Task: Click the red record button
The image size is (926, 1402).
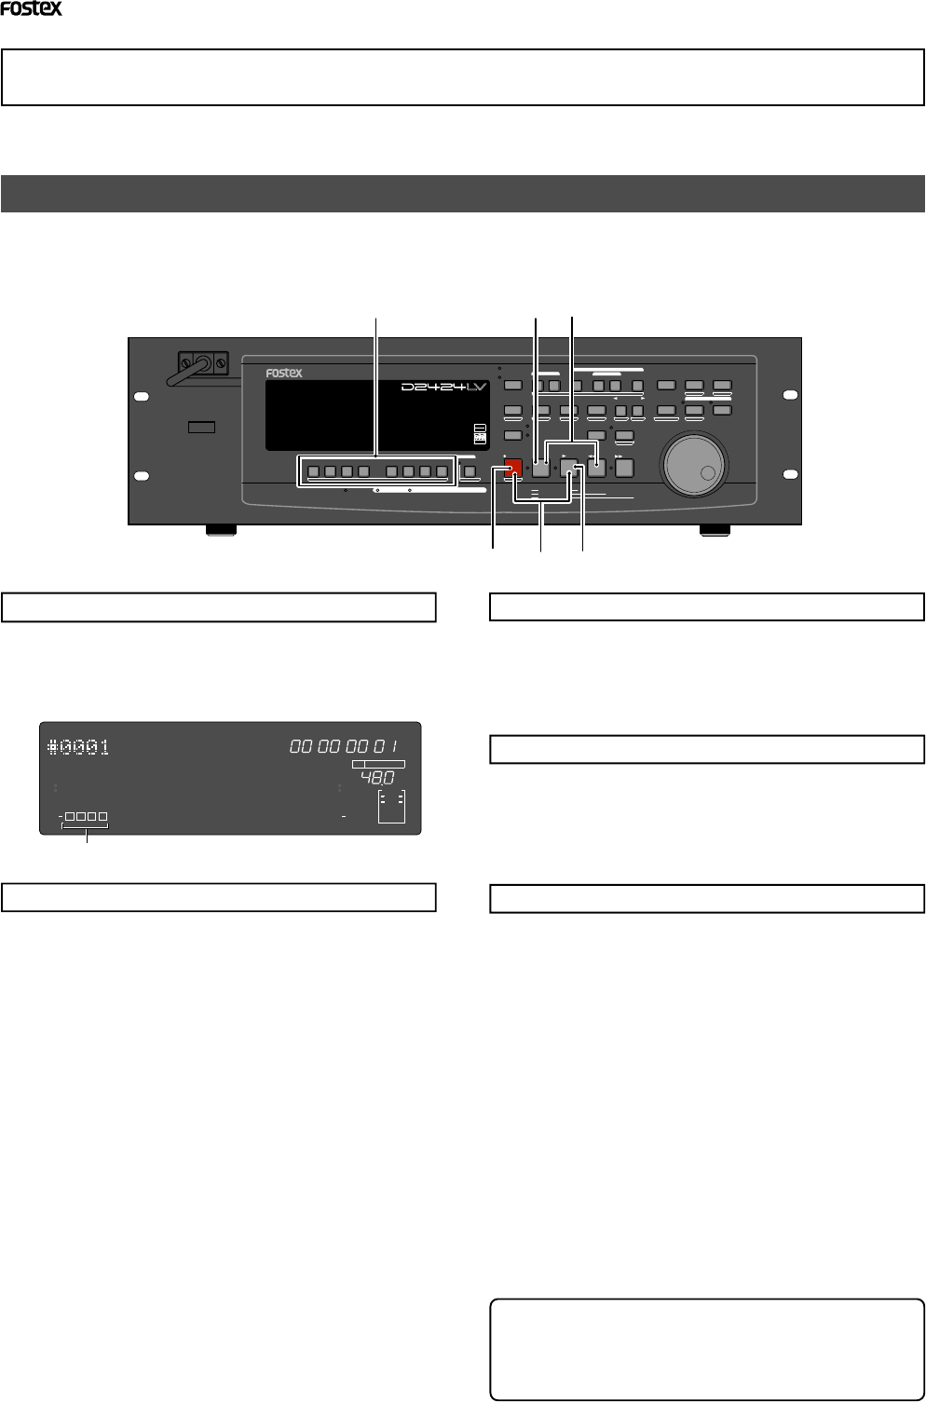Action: click(513, 469)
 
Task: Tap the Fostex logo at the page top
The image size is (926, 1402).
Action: click(31, 9)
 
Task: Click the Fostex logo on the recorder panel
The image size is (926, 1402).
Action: click(284, 373)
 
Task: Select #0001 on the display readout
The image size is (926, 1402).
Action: click(78, 746)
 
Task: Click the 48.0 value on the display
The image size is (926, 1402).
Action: click(377, 778)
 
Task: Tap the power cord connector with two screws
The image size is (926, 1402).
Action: click(204, 362)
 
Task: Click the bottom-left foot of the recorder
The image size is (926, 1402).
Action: click(220, 530)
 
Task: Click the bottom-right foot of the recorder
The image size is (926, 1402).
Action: click(715, 530)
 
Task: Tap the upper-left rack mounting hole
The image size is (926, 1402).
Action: click(141, 397)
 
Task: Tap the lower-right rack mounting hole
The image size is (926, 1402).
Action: click(790, 476)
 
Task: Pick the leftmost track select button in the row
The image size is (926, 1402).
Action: click(313, 471)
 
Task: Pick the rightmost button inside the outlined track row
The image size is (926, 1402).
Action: click(442, 471)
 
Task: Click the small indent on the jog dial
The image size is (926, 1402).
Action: click(708, 473)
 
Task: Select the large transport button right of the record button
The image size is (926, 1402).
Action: click(540, 469)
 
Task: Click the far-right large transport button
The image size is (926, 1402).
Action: click(624, 469)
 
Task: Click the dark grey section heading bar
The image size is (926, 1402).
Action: click(463, 194)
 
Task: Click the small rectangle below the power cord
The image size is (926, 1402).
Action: click(201, 427)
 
